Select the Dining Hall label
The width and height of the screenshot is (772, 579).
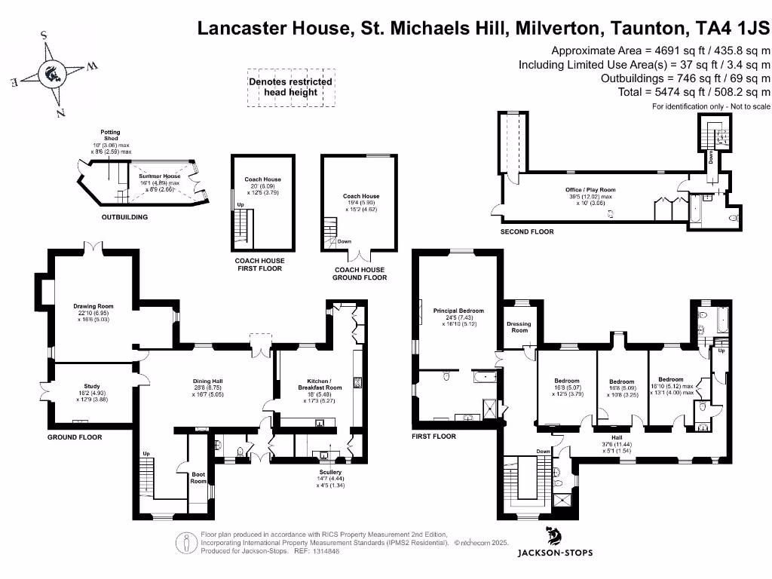pos(207,381)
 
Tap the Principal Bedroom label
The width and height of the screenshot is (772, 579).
pos(458,310)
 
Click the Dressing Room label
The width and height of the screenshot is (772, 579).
pos(519,327)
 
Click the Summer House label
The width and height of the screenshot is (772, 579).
pos(159,176)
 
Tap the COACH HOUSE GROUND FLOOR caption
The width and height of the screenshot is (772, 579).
pos(359,274)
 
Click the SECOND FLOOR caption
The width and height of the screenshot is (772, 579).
pos(527,231)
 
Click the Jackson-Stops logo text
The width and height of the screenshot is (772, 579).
pos(554,553)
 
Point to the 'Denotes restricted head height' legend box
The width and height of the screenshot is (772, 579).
pos(289,87)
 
